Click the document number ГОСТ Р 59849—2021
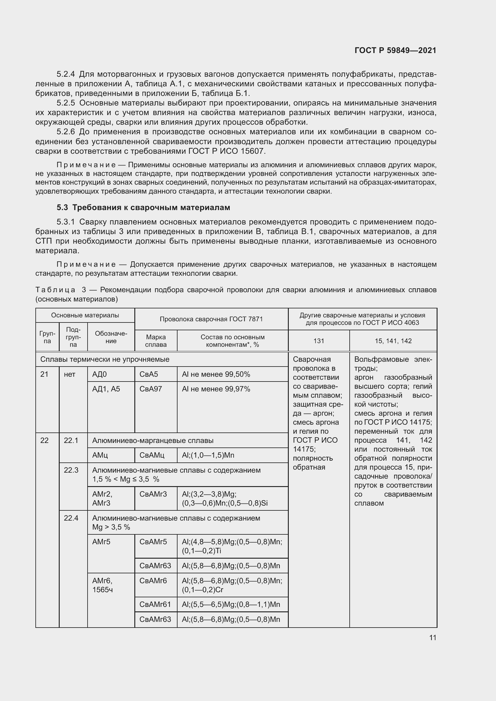[395, 50]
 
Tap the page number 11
[432, 637]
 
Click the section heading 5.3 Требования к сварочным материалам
[143, 208]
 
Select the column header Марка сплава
[156, 341]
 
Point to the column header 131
[318, 341]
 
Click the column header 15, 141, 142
[393, 341]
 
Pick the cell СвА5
[149, 374]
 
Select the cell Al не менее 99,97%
[216, 389]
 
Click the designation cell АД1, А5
[106, 389]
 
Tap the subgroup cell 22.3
[71, 470]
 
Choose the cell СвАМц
[152, 455]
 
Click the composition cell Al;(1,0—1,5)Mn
[208, 455]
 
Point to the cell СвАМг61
[155, 604]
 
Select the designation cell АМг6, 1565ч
[103, 585]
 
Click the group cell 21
[44, 374]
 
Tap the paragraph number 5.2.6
[66, 132]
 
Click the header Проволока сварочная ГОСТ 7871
[211, 319]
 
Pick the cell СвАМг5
[153, 542]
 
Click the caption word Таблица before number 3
[55, 290]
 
